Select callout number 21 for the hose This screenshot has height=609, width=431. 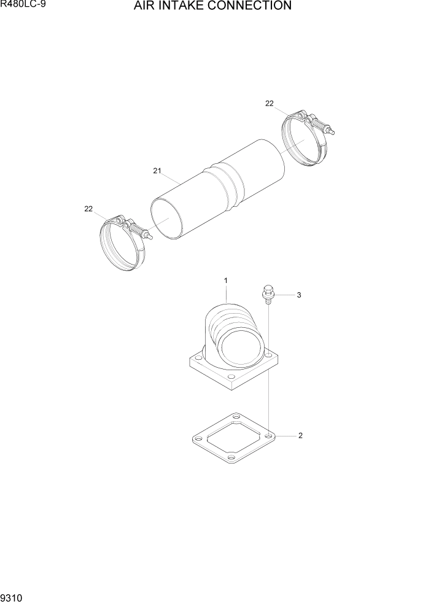157,171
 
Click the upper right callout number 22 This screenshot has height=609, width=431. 269,104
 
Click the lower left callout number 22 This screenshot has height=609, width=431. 88,209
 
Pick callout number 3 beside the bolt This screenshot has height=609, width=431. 298,295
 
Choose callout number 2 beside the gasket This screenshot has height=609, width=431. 300,436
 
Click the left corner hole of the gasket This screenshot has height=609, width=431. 198,439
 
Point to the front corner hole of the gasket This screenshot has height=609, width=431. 231,457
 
